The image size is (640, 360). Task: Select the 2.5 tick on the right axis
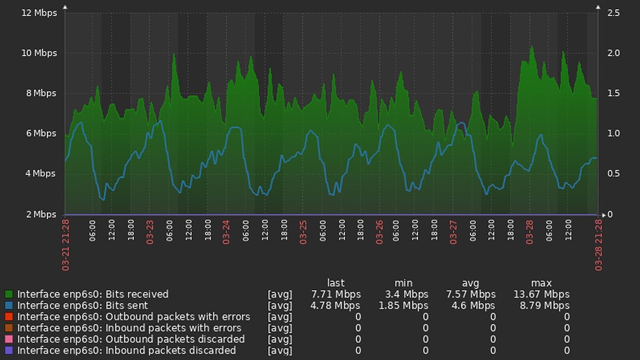(x=613, y=13)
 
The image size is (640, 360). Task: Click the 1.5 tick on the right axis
(x=613, y=93)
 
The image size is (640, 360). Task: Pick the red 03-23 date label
(x=150, y=230)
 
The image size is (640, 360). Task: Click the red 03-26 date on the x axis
(x=379, y=230)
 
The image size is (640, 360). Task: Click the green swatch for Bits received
(x=9, y=294)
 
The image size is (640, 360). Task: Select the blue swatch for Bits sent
(x=9, y=306)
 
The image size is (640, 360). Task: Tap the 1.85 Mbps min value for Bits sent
(x=403, y=306)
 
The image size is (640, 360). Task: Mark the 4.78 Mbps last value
(x=336, y=306)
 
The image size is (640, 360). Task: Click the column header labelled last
(x=336, y=283)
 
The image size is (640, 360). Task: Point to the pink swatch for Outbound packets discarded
(x=9, y=339)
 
